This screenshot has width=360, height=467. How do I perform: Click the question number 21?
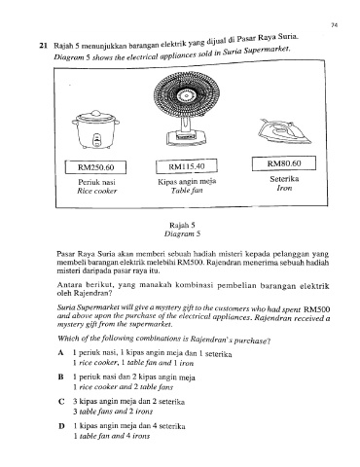tap(44, 46)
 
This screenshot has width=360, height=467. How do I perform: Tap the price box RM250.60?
tap(95, 167)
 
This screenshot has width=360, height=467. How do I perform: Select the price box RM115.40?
tap(187, 166)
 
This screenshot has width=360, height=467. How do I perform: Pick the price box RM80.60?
tap(284, 163)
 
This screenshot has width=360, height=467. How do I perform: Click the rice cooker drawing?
tap(95, 129)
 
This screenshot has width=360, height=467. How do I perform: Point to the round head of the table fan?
tap(187, 94)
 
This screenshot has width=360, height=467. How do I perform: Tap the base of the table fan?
tap(187, 137)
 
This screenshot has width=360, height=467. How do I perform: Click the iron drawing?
tap(285, 131)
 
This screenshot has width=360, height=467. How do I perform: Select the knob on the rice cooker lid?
tap(95, 113)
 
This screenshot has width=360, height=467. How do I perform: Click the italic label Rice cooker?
tap(96, 191)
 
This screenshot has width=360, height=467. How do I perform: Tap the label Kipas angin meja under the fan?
tap(187, 182)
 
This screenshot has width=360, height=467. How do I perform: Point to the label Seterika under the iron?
tap(284, 179)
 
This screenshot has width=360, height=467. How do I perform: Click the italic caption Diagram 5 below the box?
tap(182, 233)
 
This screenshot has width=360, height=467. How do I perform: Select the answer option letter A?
tap(60, 353)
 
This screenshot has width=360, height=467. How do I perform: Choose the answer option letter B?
tap(60, 377)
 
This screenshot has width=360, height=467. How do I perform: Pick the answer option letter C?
tap(61, 402)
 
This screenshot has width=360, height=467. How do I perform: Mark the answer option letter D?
tap(61, 426)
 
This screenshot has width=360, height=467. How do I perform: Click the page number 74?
tap(335, 25)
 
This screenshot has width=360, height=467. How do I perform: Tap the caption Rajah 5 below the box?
tap(182, 225)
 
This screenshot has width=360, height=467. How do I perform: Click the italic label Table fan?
tap(187, 191)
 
